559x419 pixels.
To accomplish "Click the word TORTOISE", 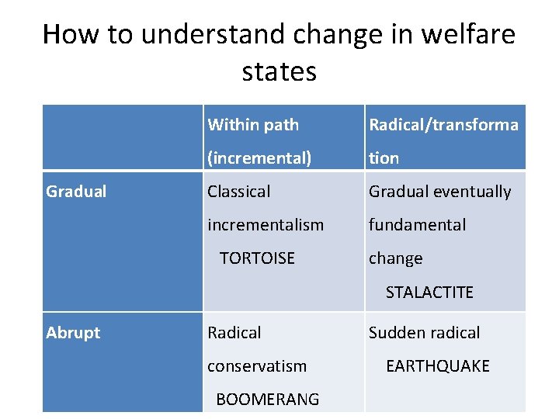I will (x=257, y=258).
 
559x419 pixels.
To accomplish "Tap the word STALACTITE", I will (x=429, y=292).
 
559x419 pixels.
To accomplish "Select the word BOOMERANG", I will (x=267, y=400).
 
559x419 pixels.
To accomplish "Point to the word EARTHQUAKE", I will (x=438, y=366).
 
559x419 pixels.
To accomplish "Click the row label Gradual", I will (x=76, y=192).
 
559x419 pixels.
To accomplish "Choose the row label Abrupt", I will (x=73, y=333).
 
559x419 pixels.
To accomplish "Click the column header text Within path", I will (x=253, y=125).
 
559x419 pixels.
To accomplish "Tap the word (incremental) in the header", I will (x=259, y=158).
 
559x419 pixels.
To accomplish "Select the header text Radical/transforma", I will (x=443, y=125).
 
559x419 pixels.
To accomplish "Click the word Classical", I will (x=239, y=192).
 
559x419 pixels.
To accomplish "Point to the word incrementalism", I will (x=266, y=225).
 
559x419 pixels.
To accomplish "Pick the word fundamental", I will (x=417, y=225).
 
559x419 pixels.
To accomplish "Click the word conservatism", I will (x=257, y=366).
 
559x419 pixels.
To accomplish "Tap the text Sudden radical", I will (x=424, y=333).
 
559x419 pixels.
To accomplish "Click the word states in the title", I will (x=279, y=72).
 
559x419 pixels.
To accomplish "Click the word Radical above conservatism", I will (x=234, y=333).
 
